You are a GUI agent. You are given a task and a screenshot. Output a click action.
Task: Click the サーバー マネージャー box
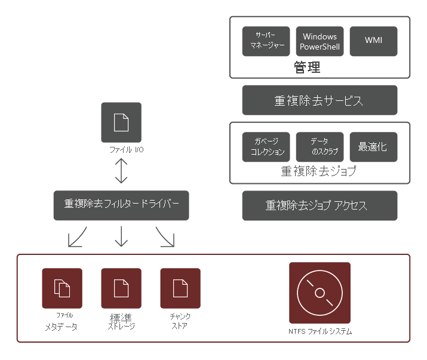click(x=266, y=41)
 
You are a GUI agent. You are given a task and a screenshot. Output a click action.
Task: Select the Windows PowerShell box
click(x=320, y=41)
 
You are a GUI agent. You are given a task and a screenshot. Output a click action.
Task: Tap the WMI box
click(x=373, y=41)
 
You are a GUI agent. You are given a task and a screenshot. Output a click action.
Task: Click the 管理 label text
click(x=307, y=67)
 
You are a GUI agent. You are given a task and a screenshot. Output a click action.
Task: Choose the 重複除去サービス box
click(x=320, y=100)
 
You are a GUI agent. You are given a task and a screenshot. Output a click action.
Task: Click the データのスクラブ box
click(x=320, y=147)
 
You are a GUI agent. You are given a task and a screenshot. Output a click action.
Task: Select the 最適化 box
click(x=373, y=147)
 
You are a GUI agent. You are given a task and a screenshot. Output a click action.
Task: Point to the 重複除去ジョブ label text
click(x=319, y=172)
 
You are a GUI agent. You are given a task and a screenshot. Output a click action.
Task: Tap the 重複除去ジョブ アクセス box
click(x=320, y=206)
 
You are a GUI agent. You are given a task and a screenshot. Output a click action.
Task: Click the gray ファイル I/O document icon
click(x=121, y=122)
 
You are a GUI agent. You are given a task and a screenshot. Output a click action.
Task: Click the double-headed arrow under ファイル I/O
click(x=121, y=171)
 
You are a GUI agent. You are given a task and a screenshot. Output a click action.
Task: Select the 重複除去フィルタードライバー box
click(x=121, y=204)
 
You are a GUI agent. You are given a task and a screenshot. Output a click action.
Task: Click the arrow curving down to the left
click(x=77, y=237)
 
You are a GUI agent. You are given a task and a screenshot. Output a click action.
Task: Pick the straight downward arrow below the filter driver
click(x=121, y=237)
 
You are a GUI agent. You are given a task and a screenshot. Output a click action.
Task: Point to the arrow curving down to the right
click(x=165, y=237)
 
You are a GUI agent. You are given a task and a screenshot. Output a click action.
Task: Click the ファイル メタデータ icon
click(x=62, y=288)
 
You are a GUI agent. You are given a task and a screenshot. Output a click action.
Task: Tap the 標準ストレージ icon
click(x=121, y=288)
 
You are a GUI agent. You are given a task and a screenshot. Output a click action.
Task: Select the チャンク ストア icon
click(x=180, y=288)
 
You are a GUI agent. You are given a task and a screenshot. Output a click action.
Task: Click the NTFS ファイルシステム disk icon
click(x=320, y=293)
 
